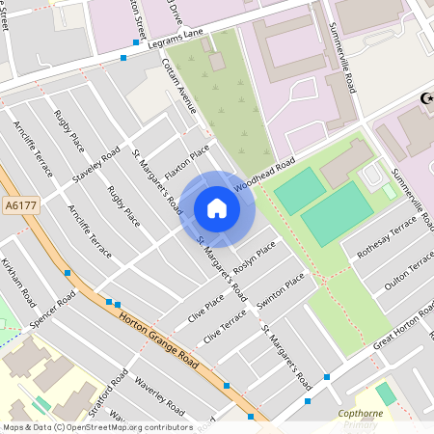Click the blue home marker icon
217,208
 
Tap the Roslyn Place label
252,258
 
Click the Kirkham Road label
18,281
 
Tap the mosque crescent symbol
424,98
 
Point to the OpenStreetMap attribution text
97,426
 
